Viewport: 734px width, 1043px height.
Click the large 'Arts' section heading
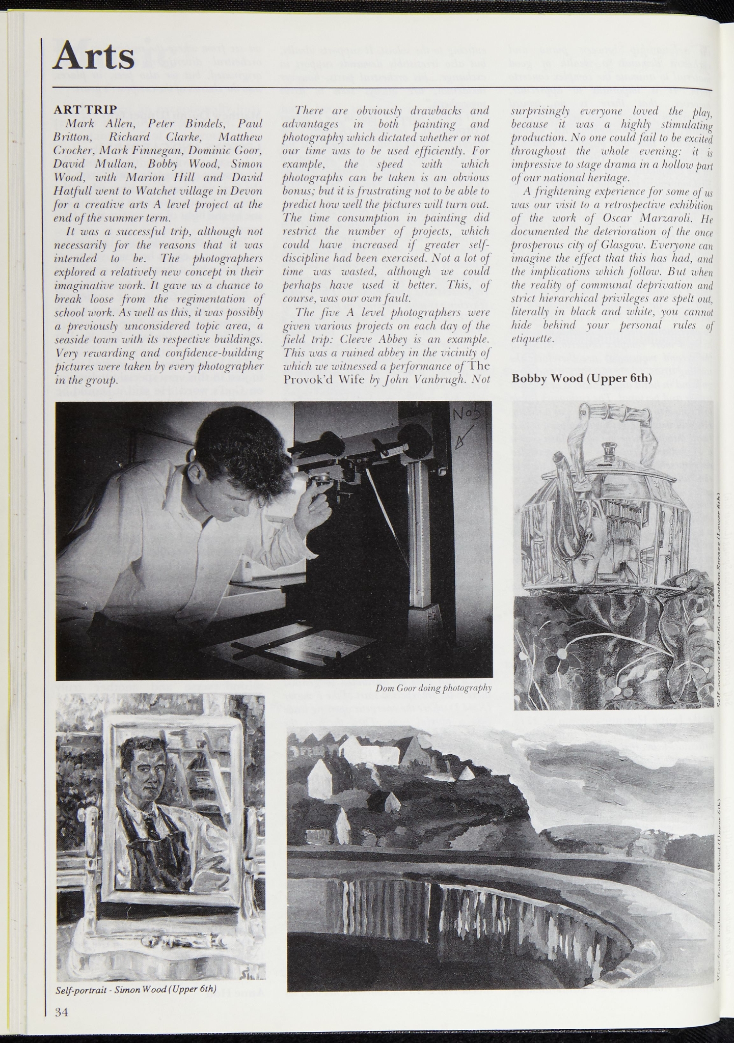tap(94, 56)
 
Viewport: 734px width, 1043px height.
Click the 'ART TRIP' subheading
tap(86, 109)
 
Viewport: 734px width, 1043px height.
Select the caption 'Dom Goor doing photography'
tap(433, 688)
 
